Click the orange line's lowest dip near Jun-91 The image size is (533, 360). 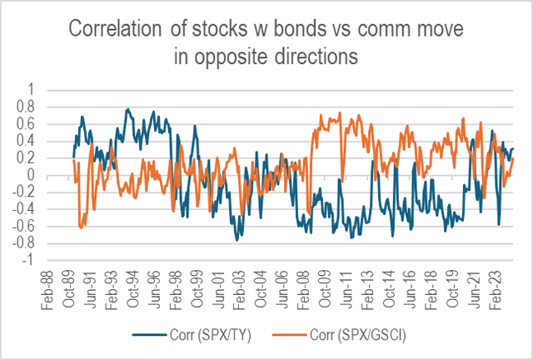[82, 227]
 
